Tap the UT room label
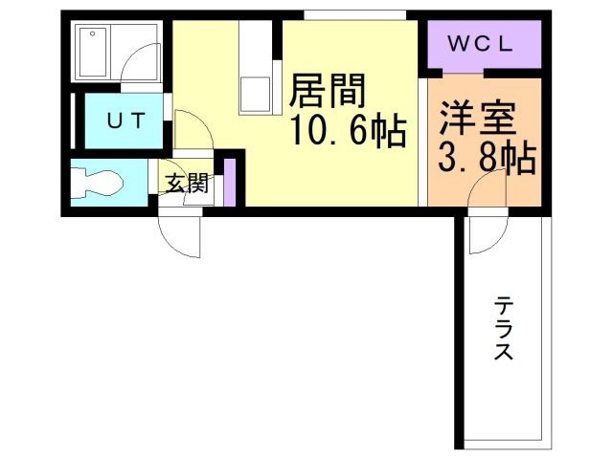click(125, 120)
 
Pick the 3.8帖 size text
click(486, 158)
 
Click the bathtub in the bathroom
click(95, 52)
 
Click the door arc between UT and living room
click(191, 130)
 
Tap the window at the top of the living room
click(354, 14)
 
